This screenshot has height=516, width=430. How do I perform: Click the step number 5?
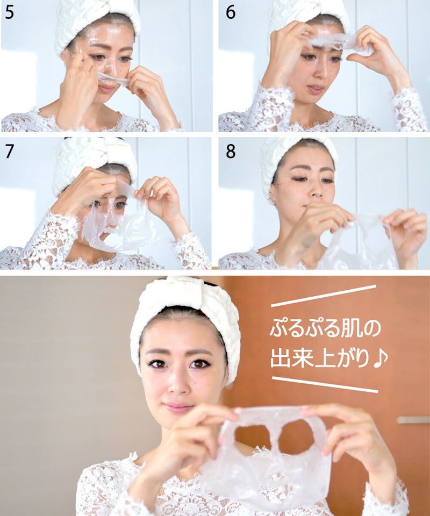click(x=9, y=12)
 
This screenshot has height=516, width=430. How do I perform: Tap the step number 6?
click(x=230, y=12)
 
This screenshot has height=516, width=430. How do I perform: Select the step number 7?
click(x=9, y=151)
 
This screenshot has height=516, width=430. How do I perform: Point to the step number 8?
click(x=230, y=151)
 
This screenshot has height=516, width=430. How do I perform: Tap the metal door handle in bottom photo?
click(x=413, y=420)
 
